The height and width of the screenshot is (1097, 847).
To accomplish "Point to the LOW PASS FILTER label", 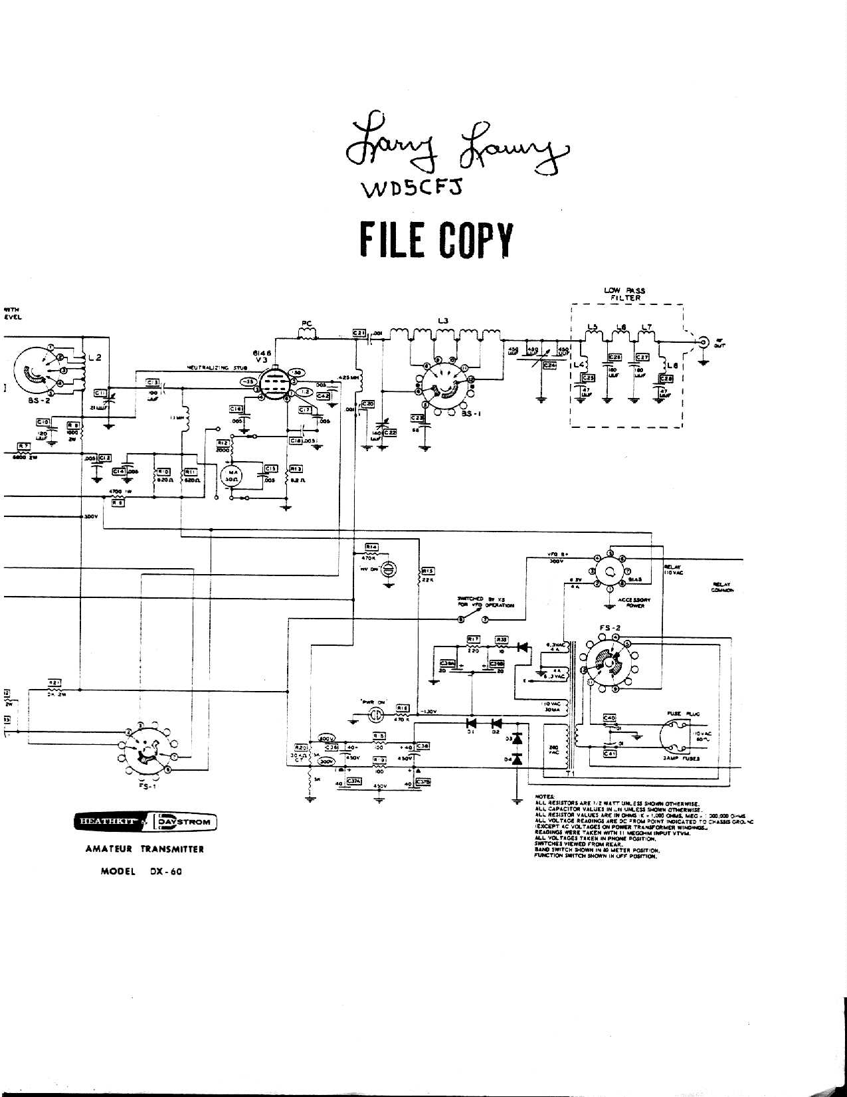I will click(624, 294).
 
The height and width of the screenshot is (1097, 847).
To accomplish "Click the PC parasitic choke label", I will click(306, 324).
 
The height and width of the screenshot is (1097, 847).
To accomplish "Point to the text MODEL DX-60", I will click(141, 872).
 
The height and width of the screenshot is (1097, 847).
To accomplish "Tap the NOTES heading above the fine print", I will click(544, 795).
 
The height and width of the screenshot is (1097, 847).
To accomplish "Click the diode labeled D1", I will click(472, 722).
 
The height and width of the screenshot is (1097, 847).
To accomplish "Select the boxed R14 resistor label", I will click(371, 547).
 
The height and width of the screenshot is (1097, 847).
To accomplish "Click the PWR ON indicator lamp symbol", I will click(375, 715).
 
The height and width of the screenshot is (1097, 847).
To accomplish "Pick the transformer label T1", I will click(569, 775).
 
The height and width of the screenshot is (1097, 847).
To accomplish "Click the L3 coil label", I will click(444, 321).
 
